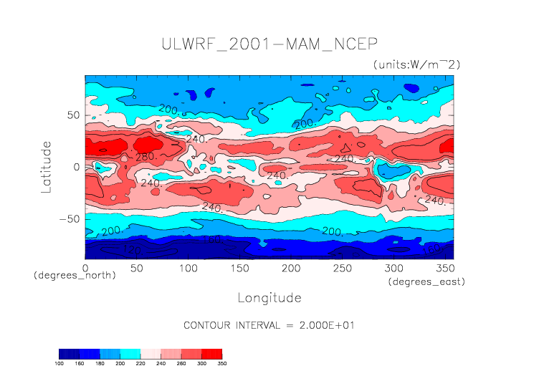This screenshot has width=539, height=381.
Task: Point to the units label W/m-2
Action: (416, 64)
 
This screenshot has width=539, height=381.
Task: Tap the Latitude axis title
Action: (47, 166)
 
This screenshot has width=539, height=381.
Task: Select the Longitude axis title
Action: (269, 297)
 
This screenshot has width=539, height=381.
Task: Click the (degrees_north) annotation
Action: (75, 276)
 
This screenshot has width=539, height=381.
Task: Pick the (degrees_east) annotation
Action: (426, 282)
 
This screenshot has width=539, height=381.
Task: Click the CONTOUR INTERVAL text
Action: (269, 325)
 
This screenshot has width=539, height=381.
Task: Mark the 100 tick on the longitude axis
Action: (188, 267)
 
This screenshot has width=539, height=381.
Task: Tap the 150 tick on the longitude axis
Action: (239, 267)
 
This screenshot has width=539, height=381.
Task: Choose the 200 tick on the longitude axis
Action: (290, 267)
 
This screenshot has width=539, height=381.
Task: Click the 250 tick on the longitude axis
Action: (342, 267)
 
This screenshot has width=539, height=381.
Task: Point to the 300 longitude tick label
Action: (393, 267)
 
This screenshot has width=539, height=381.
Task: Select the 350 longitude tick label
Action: (444, 267)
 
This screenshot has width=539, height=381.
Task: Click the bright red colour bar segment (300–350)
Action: (212, 353)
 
